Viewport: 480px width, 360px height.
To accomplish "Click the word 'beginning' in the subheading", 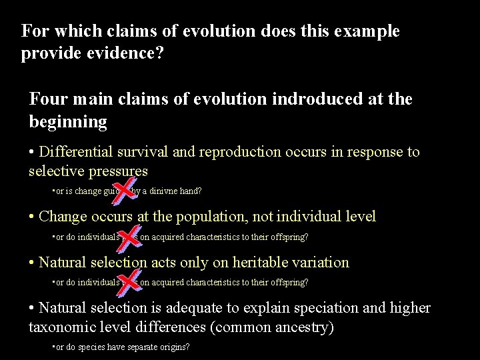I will [68, 122].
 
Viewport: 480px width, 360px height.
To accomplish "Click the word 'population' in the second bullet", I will [235, 217].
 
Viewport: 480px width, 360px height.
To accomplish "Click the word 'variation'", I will [317, 263].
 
